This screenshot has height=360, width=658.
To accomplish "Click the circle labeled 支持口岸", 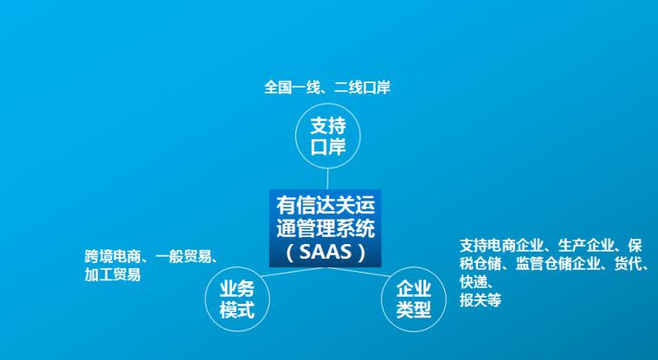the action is [x=328, y=104].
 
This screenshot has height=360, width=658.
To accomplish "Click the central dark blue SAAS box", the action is [x=326, y=228].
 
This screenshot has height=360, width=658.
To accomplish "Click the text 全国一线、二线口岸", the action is [x=327, y=87].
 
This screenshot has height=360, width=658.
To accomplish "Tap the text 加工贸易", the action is [x=113, y=275].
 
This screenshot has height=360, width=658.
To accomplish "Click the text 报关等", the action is [x=481, y=300].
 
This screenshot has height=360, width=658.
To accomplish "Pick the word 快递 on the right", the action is [x=474, y=281].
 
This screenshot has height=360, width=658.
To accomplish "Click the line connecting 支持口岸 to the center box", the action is [x=327, y=179].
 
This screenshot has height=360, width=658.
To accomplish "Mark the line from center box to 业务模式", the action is [x=293, y=272].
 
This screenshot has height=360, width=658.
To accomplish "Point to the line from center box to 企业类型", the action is [x=358, y=272].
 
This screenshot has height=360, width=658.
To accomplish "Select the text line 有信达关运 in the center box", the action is [x=326, y=206].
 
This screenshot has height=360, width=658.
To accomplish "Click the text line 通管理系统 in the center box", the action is [x=326, y=229].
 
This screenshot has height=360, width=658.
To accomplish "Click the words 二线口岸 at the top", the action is [x=363, y=87].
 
